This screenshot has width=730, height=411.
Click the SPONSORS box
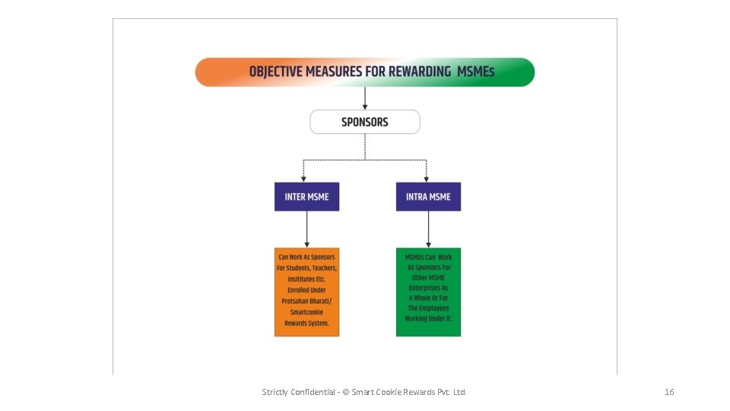[x=365, y=122]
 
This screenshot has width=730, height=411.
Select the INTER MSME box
[x=306, y=196]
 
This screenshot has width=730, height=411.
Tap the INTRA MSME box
[x=428, y=196]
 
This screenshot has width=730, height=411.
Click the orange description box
[x=306, y=292]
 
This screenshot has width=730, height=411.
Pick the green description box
[x=428, y=292]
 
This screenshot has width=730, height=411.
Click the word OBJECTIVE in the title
[x=276, y=72]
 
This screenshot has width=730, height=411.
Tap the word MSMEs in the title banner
[x=476, y=72]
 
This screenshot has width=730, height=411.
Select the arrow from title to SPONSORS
[x=365, y=98]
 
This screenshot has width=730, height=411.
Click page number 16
[x=669, y=392]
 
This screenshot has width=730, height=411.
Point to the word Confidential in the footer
[x=313, y=392]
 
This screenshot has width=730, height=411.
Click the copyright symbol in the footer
[x=345, y=392]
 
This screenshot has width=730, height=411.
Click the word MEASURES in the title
[x=332, y=72]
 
